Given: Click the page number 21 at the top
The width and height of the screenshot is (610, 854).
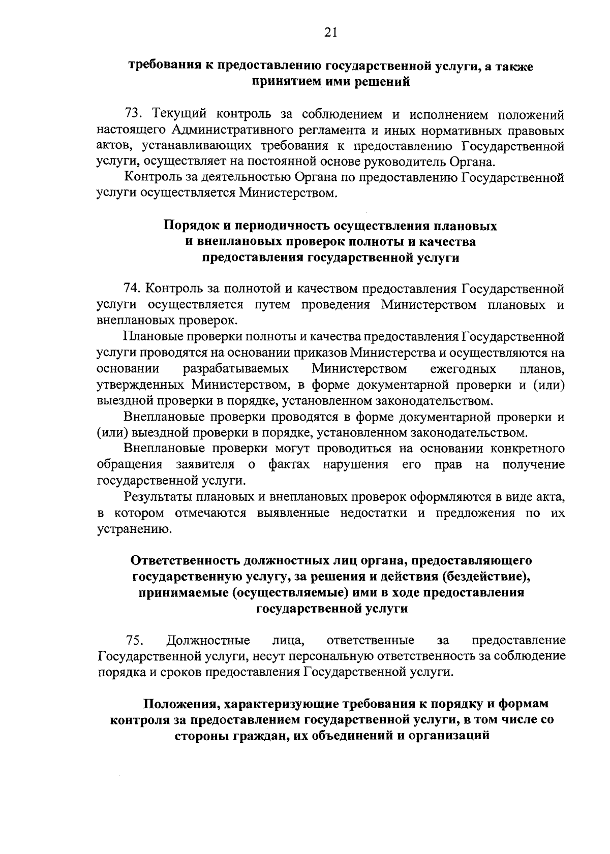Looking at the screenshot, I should pos(330,33).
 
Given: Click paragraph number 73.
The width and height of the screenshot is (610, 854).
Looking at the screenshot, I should pos(134,115).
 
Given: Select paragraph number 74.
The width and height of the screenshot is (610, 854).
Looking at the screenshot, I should pos(133,289).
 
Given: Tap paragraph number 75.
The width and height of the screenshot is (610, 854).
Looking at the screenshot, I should pos(134,640).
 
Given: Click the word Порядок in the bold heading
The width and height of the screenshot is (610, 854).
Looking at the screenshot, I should pos(188,226).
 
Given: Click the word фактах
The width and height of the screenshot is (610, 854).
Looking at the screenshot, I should pos(289,465).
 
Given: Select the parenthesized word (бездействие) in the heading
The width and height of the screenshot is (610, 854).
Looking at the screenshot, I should pos(482,577).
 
